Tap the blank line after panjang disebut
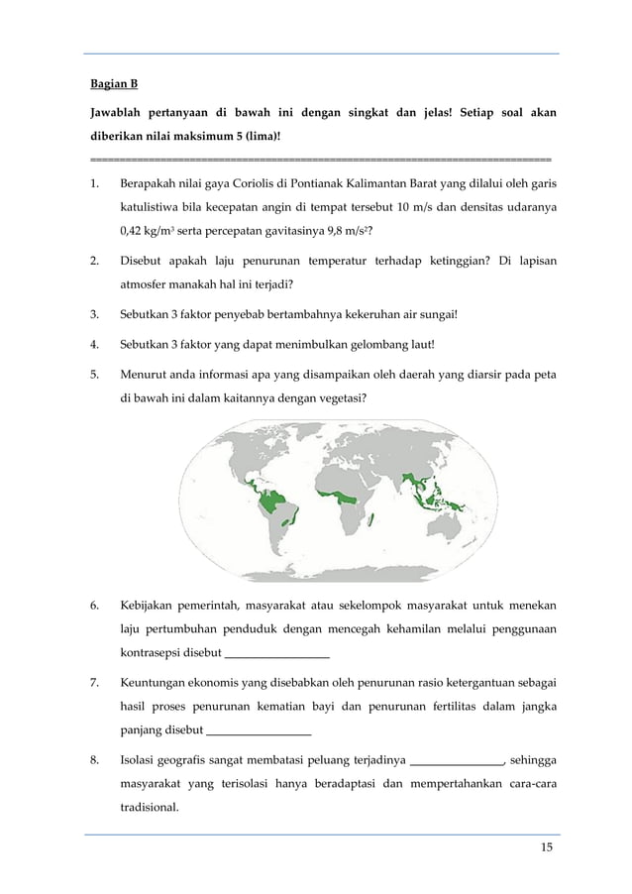[x=258, y=732]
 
